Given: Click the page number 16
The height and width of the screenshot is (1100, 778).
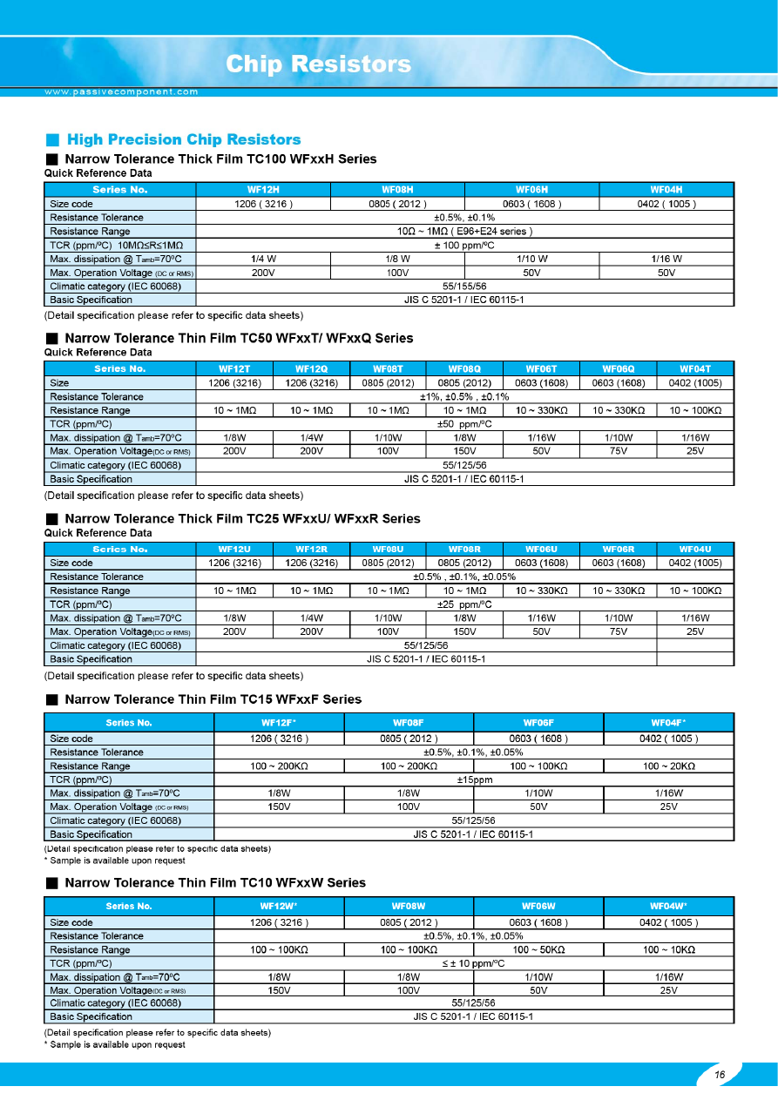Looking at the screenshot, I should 720,1075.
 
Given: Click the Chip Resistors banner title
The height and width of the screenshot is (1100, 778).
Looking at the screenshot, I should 318,64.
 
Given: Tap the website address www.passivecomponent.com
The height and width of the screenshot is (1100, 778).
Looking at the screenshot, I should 122,91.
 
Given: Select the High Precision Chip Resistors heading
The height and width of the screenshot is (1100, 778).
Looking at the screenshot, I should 184,139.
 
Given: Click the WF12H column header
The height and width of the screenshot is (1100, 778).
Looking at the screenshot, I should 263,190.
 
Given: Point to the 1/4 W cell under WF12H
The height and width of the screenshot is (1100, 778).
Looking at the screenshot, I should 263,259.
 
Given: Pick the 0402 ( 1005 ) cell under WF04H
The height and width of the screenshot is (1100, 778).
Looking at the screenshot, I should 666,204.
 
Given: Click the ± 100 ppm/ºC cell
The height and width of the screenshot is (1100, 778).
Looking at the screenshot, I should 464,245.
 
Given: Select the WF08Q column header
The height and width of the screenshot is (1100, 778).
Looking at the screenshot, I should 464,368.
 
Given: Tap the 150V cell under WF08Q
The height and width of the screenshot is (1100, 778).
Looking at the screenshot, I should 464,451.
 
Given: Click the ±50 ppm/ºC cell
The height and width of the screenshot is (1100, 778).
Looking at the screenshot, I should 464,424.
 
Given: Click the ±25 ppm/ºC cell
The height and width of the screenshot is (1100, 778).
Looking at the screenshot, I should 464,604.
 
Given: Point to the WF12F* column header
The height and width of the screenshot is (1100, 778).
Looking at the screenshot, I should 280,722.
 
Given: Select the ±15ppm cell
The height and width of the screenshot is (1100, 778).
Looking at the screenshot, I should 475,779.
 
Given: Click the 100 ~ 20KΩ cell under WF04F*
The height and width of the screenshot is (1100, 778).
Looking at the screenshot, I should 668,766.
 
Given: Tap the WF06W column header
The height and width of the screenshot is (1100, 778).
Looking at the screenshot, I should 538,906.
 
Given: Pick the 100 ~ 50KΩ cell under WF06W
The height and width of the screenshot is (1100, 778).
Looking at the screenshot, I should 538,949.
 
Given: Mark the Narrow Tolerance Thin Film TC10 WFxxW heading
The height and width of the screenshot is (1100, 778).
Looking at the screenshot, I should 215,882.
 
